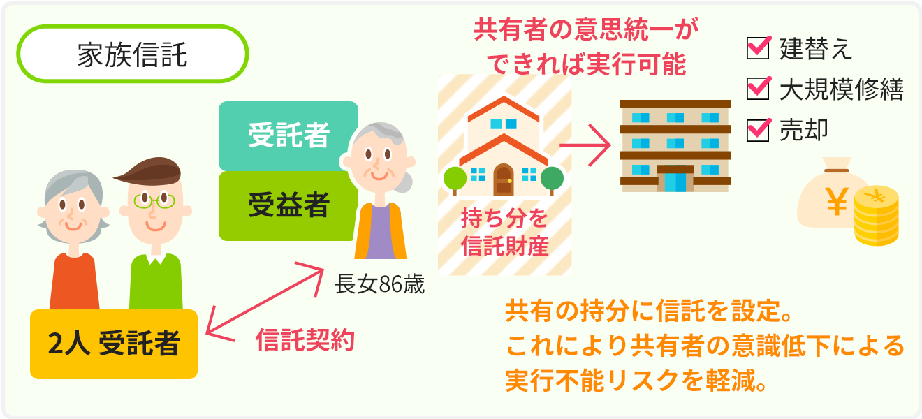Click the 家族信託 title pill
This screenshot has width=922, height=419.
(x=133, y=54)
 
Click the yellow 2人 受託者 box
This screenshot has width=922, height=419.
(x=114, y=344)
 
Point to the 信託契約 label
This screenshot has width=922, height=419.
(x=305, y=340)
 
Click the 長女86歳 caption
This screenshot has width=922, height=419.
(x=379, y=284)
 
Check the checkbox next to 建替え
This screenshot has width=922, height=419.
(x=758, y=48)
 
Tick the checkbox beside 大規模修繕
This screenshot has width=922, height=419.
(x=758, y=89)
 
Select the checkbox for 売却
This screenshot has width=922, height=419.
(x=758, y=130)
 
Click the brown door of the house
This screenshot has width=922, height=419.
(x=504, y=180)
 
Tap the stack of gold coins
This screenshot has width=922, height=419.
(x=877, y=216)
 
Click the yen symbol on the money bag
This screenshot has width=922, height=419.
(x=837, y=201)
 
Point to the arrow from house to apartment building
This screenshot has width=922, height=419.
(x=585, y=145)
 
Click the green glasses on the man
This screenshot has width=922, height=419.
(x=154, y=200)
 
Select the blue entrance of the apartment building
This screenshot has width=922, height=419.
(x=675, y=182)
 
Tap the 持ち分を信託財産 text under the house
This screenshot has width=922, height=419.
(x=504, y=232)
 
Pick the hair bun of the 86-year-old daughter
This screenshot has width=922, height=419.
(x=404, y=182)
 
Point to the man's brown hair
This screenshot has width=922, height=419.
(x=151, y=171)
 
